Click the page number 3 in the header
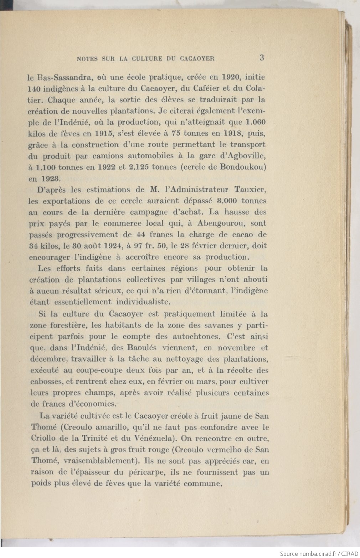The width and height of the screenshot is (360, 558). tap(262, 57)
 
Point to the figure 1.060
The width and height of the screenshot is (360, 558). tap(256, 122)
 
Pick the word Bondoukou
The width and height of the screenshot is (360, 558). tap(243, 167)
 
